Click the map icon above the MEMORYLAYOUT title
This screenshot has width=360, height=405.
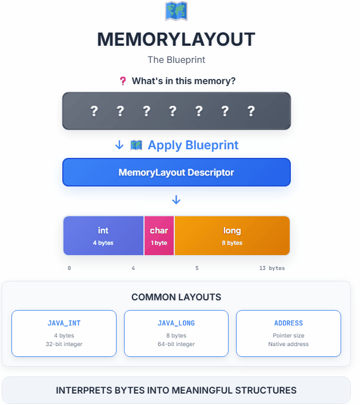pos(176,11)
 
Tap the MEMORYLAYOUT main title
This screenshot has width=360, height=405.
pos(176,39)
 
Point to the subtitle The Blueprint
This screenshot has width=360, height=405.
pos(176,59)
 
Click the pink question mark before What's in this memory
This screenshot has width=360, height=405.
pos(122,81)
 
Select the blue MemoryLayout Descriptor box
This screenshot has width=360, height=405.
pos(176,172)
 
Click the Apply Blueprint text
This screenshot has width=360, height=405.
pos(193,145)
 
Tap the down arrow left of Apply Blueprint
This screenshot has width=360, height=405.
pos(119,145)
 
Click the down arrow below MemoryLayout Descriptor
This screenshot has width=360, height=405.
pos(176,200)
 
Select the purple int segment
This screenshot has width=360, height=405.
pos(103,235)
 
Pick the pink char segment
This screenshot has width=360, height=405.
pos(159,235)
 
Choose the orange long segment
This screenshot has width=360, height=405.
pos(232,235)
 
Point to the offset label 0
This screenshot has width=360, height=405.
pos(69,268)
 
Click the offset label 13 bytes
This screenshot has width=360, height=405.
pos(269,268)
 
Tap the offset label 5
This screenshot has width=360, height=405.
pos(197,268)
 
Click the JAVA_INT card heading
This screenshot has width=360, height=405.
pos(64,323)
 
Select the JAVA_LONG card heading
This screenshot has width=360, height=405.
pos(176,323)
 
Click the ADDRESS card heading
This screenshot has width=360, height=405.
pos(288,323)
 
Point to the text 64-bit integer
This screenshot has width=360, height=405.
pos(176,344)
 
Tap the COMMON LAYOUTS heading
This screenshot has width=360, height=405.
pos(176,297)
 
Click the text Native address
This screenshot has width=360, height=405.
pos(288,344)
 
